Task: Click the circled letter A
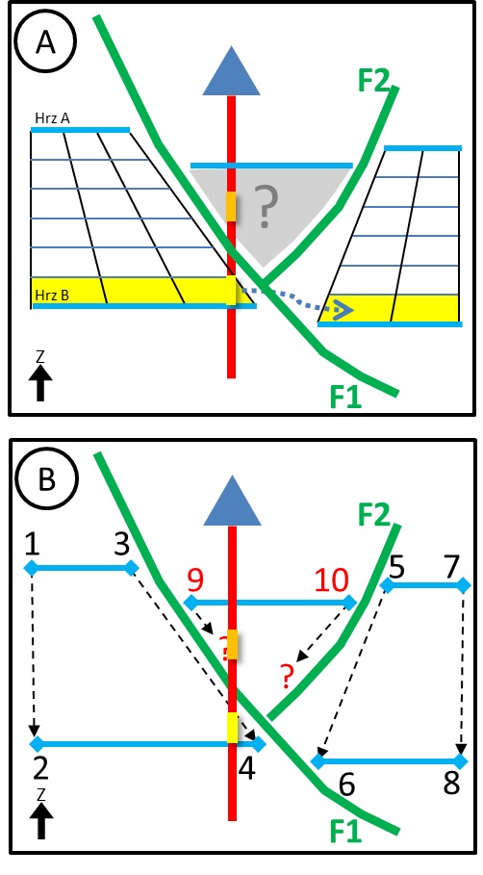click(46, 43)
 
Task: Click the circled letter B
click(46, 480)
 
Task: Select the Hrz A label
click(50, 118)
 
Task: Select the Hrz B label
click(51, 295)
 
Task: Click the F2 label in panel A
click(375, 82)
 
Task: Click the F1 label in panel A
click(345, 398)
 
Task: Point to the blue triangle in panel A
click(231, 72)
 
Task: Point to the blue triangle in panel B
click(232, 501)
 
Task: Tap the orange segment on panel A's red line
click(232, 207)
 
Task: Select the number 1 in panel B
click(33, 545)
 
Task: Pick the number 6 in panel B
click(346, 785)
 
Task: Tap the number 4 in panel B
click(246, 770)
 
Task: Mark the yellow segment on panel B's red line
click(232, 728)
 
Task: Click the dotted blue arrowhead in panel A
click(345, 311)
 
